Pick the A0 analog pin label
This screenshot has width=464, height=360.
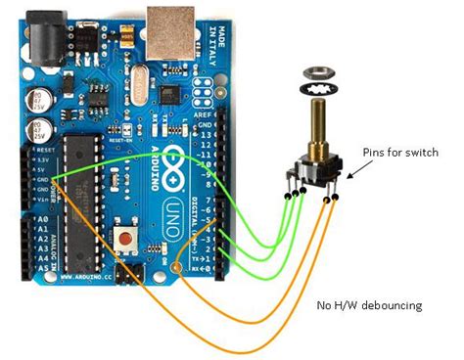pos(42,221)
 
